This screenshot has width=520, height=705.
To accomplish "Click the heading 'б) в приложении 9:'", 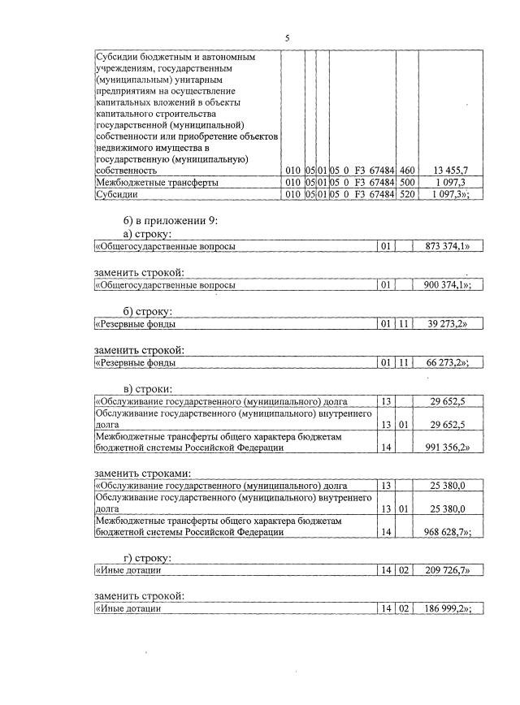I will (171, 221).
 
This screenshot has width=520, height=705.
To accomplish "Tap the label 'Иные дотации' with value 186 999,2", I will (129, 609).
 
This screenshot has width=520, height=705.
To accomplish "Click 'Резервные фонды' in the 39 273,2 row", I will (136, 324).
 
